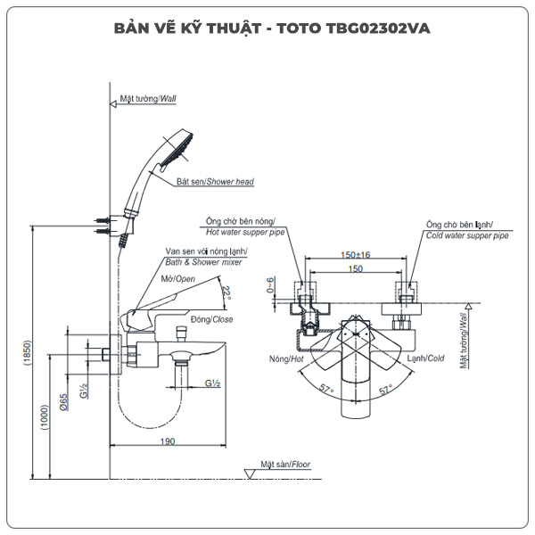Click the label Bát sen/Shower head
pos(214,182)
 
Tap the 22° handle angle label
pos(226,293)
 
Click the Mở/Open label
pos(178,279)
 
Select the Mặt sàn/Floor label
pos(285,464)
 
